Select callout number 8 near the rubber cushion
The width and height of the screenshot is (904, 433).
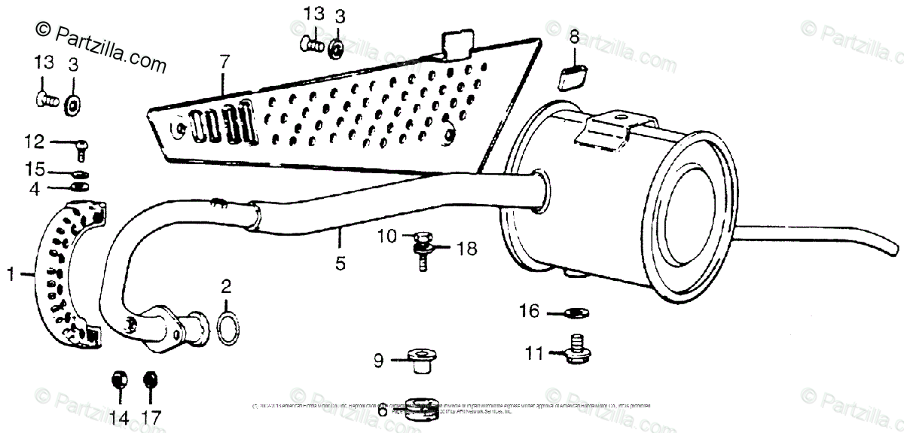pos(574,37)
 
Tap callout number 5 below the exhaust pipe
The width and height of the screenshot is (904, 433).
pos(340,263)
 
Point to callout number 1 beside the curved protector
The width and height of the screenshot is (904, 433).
pos(11,276)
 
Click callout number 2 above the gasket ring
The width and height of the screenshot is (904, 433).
pos(226,286)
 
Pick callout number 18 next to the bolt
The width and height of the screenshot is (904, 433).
pos(467,248)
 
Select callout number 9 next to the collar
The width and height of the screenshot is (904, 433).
pos(379,361)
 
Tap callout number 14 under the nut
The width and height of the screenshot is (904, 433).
pos(118,416)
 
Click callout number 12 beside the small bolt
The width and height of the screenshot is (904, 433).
pos(34,141)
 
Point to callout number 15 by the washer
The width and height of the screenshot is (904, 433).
pos(34,171)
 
